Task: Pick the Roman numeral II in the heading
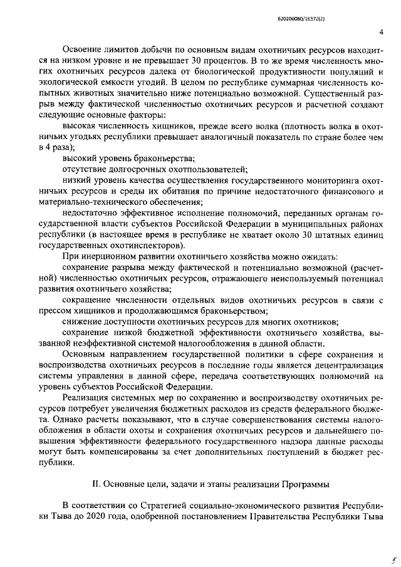click(96, 484)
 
